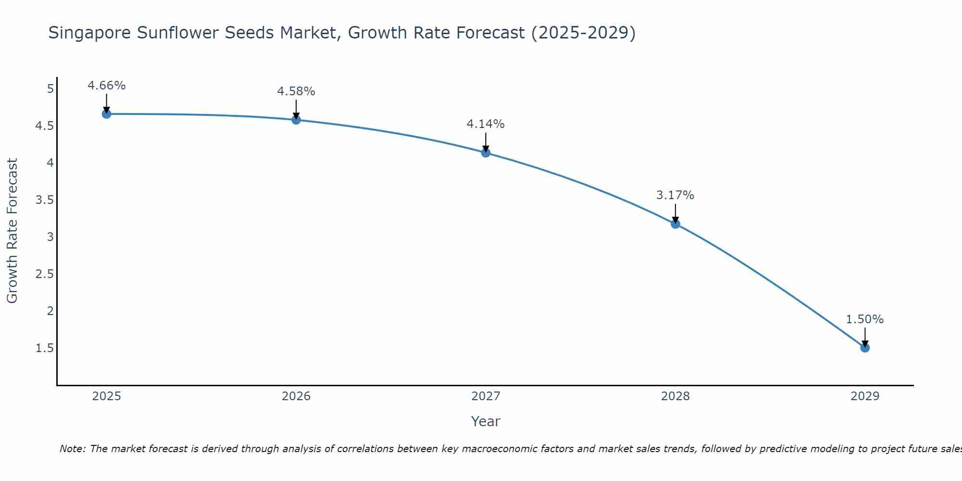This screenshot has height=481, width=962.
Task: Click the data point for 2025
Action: click(x=106, y=114)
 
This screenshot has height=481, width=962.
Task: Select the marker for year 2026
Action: click(x=296, y=120)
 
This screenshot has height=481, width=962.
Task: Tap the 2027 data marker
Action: click(x=486, y=153)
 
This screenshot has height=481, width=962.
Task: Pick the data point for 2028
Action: click(x=675, y=224)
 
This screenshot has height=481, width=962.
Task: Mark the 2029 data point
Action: click(x=865, y=348)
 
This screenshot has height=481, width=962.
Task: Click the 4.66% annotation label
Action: click(x=106, y=86)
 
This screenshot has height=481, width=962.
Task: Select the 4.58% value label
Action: click(x=296, y=91)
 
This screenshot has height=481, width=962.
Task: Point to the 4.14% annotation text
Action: click(x=486, y=124)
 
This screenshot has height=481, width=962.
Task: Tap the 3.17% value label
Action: click(x=675, y=195)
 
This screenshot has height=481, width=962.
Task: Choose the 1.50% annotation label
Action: click(x=865, y=319)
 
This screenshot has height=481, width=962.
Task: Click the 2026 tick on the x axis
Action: click(x=296, y=396)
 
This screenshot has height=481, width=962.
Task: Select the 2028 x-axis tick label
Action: click(x=675, y=396)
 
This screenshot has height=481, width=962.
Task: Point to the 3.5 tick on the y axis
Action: click(x=44, y=200)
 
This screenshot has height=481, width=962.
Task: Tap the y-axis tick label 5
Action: click(x=50, y=89)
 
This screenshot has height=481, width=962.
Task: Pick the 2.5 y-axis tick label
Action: click(x=44, y=274)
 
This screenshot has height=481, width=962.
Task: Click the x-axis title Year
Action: click(x=486, y=421)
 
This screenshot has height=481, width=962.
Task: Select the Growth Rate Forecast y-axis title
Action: click(x=12, y=231)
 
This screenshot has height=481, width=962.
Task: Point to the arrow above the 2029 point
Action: click(x=865, y=337)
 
